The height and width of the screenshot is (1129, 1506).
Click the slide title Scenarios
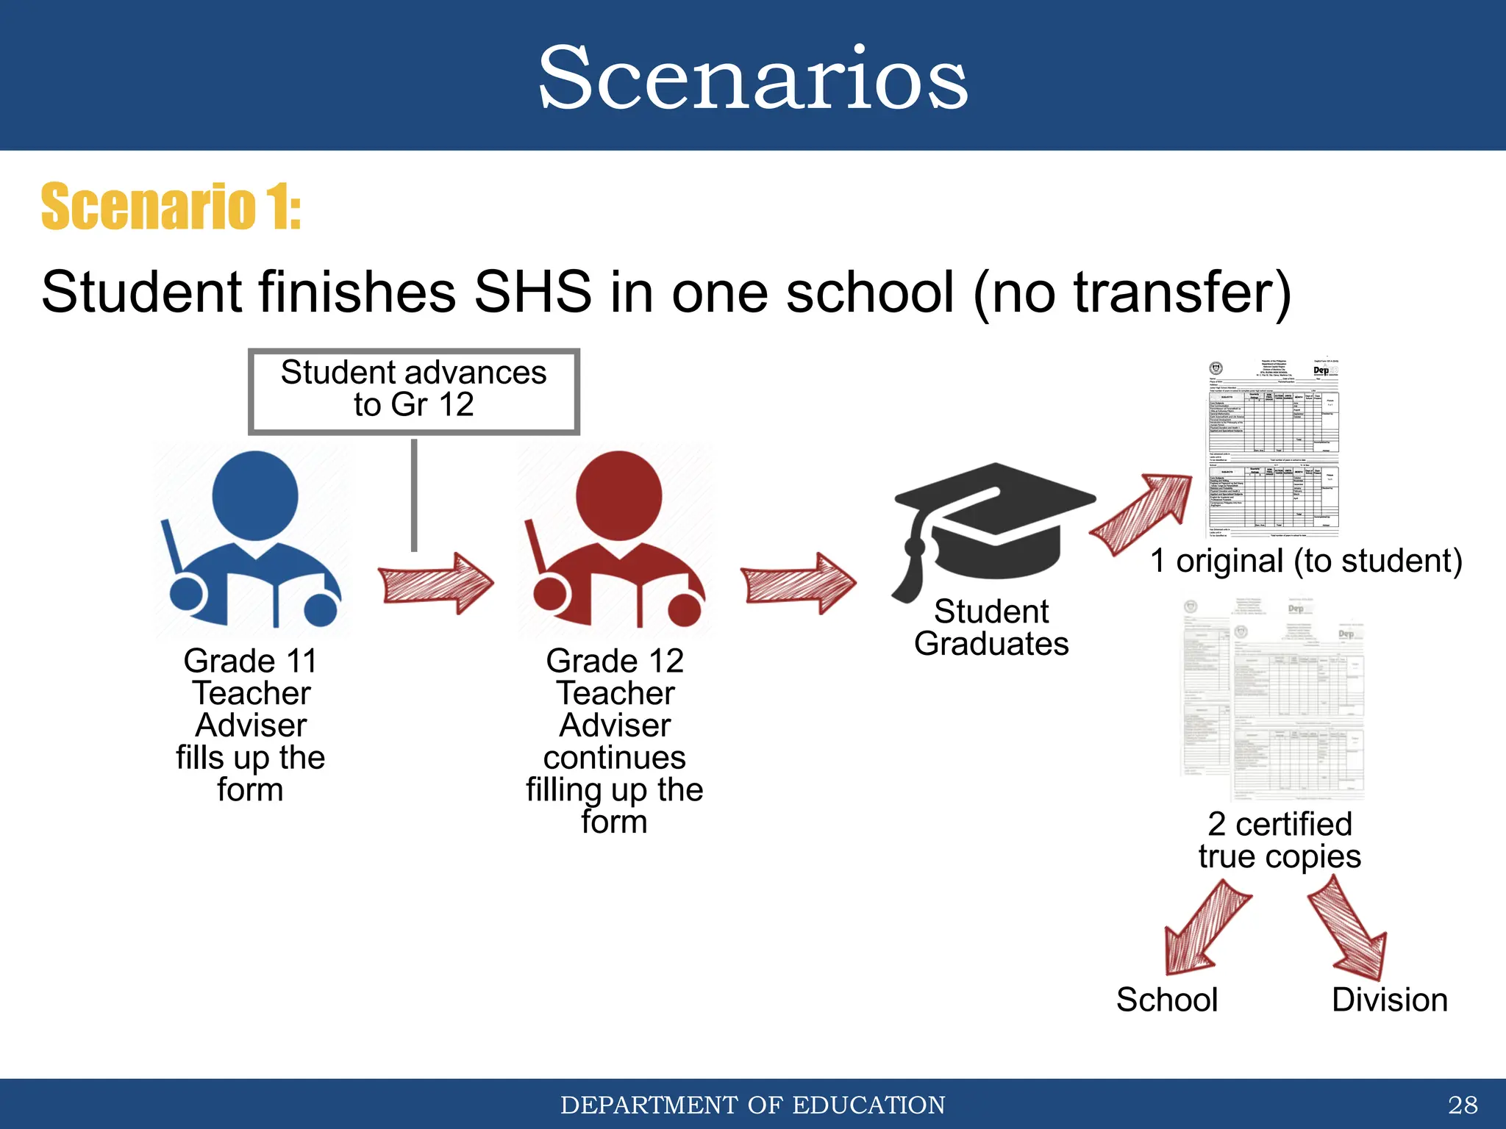pyautogui.click(x=753, y=78)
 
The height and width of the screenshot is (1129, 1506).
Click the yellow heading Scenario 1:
pyautogui.click(x=171, y=207)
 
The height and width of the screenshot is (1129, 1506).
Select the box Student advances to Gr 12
pyautogui.click(x=414, y=390)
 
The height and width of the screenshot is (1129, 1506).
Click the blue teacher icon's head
pyautogui.click(x=254, y=496)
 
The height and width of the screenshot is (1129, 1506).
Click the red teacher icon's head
pyautogui.click(x=618, y=496)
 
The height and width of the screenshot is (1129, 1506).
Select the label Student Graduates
pyautogui.click(x=991, y=628)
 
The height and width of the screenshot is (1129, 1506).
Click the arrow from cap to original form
pyautogui.click(x=1143, y=515)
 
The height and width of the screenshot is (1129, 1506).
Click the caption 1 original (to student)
pyautogui.click(x=1306, y=561)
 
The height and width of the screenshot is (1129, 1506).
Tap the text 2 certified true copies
pyautogui.click(x=1280, y=840)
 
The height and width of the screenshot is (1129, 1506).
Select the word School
pyautogui.click(x=1167, y=1000)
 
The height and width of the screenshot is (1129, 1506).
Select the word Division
pyautogui.click(x=1389, y=1000)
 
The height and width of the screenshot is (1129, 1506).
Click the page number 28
pyautogui.click(x=1462, y=1105)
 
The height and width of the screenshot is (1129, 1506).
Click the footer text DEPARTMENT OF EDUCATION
pyautogui.click(x=753, y=1105)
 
